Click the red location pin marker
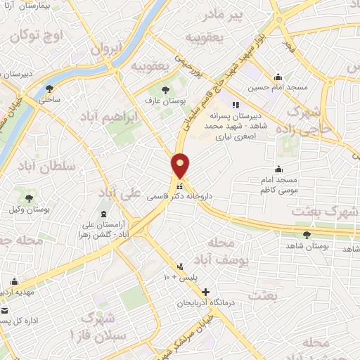181,165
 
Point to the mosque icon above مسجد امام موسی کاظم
278,168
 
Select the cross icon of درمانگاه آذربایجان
205,292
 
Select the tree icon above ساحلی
49,89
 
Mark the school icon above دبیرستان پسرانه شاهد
245,104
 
